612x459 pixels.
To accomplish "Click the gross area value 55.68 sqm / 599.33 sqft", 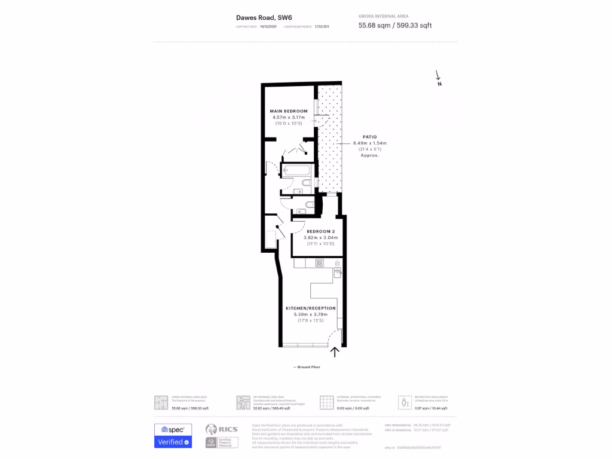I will coord(394,25).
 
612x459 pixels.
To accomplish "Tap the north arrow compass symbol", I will coord(438,78).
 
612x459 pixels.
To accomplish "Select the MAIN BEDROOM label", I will coord(288,111).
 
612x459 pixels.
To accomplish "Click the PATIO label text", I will coord(369,137).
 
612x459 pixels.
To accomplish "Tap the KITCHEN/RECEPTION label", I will coord(310,308).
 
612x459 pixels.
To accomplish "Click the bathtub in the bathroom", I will coord(296,171).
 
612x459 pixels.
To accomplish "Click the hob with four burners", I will coord(320,262).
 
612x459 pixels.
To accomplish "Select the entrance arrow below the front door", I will coord(335,351).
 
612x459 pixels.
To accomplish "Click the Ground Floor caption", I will coord(307,367).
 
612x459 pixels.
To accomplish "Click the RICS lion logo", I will coord(211,430).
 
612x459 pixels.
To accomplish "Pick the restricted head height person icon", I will coord(405,402).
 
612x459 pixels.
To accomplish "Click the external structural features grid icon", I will coord(326,402).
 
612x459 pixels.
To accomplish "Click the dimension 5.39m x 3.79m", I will coord(310,315).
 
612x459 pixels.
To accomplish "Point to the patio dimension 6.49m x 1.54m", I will coord(369,143).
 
